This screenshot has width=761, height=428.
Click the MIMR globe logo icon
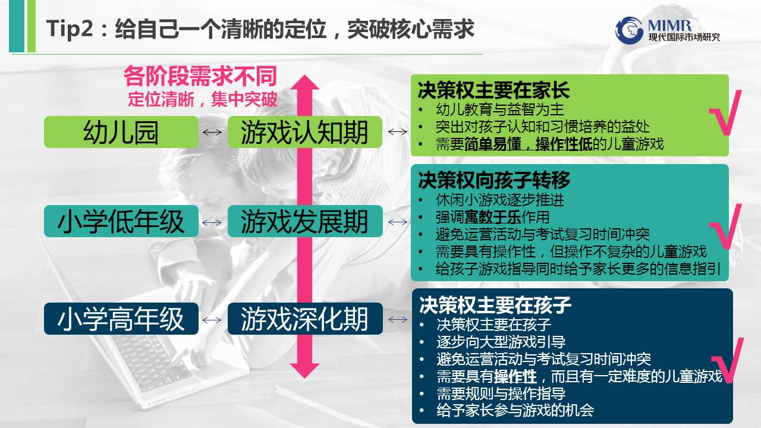[629, 30]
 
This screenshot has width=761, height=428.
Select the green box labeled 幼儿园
[121, 132]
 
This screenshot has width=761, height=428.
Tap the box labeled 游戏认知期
[305, 132]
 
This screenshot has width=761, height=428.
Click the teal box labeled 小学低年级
[121, 221]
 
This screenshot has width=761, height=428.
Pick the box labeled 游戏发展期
[305, 221]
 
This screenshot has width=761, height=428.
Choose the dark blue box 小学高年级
[121, 319]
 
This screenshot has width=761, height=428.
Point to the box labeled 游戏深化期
[305, 319]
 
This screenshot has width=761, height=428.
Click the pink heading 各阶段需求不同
[200, 76]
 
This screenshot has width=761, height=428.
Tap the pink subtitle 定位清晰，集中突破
[203, 99]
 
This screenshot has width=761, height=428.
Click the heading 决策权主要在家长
[493, 90]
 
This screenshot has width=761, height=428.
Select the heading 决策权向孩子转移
[493, 180]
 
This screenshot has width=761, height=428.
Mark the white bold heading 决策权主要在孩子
[495, 305]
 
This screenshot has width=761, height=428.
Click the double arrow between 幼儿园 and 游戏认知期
[212, 132]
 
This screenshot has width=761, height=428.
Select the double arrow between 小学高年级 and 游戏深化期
[212, 320]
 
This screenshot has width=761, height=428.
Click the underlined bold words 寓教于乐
[493, 217]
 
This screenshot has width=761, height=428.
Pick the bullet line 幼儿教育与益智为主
[500, 109]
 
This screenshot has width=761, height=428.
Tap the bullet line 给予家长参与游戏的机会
[515, 410]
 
